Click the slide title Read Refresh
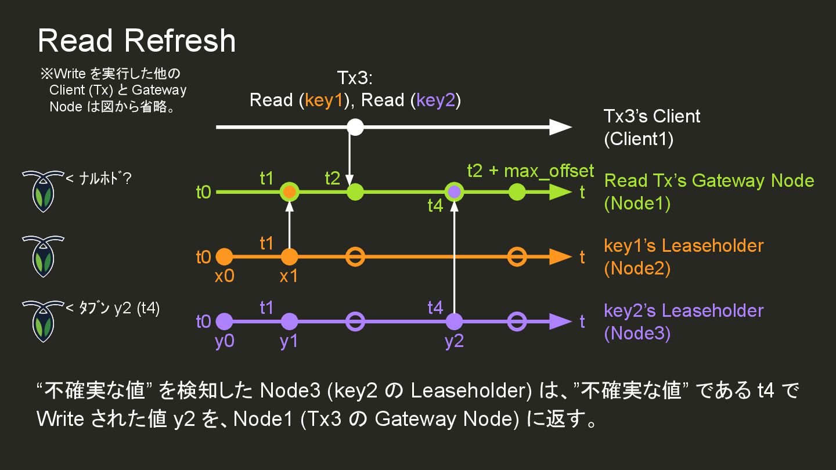click(136, 41)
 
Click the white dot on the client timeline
click(355, 126)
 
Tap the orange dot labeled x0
click(224, 256)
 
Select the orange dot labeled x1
click(289, 256)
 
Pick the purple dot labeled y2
click(454, 321)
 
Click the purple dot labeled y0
click(224, 321)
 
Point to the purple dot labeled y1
click(289, 321)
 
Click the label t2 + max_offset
click(530, 171)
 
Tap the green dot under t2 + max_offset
click(517, 191)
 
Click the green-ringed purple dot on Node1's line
click(454, 191)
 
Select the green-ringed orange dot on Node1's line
click(289, 191)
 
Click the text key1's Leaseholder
click(683, 245)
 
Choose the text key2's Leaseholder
click(683, 310)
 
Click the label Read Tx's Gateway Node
click(709, 180)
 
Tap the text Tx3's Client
click(652, 116)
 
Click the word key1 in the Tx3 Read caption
click(325, 100)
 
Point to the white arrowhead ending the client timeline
click(561, 126)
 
